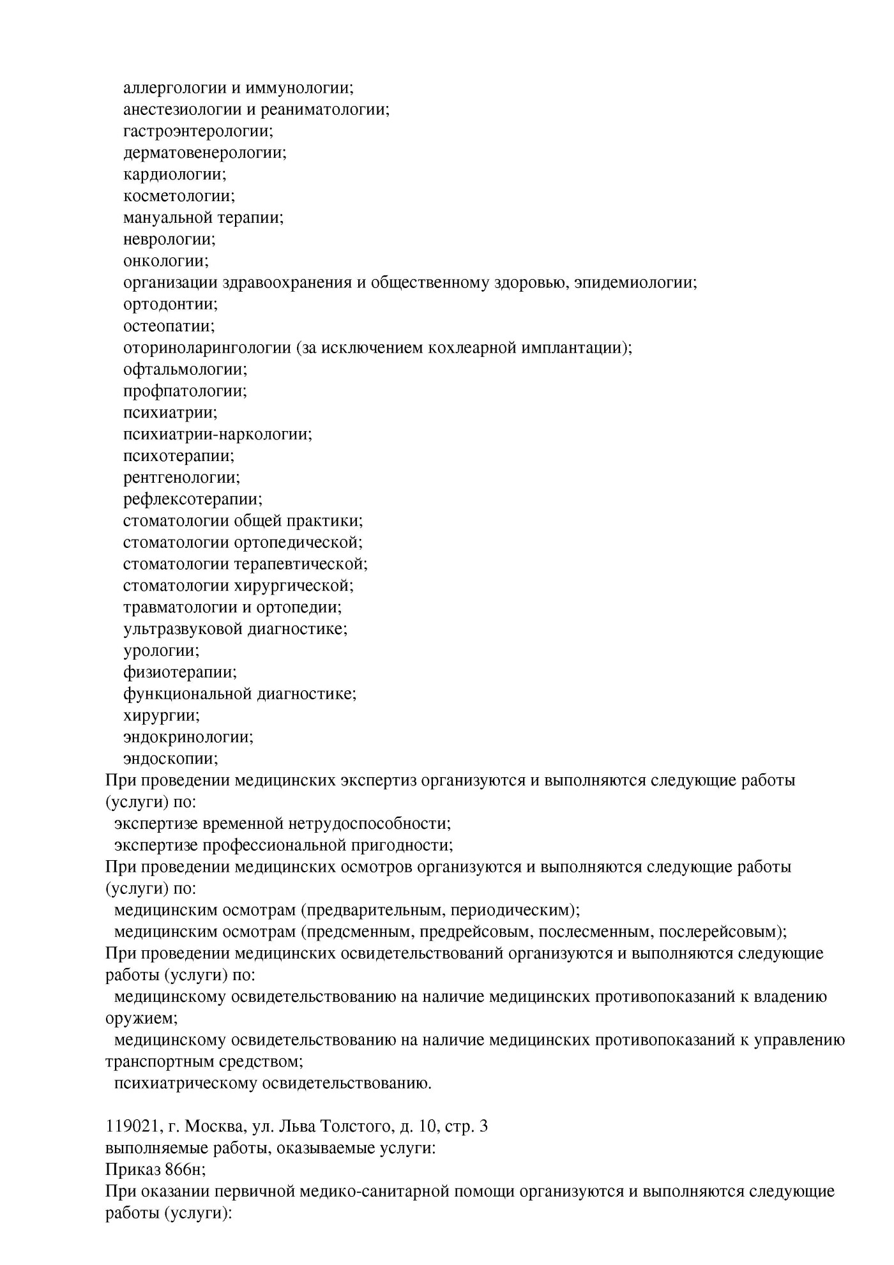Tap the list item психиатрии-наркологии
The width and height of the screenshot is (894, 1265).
216,434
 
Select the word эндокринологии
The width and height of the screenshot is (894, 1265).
187,737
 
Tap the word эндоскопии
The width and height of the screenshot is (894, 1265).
170,759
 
